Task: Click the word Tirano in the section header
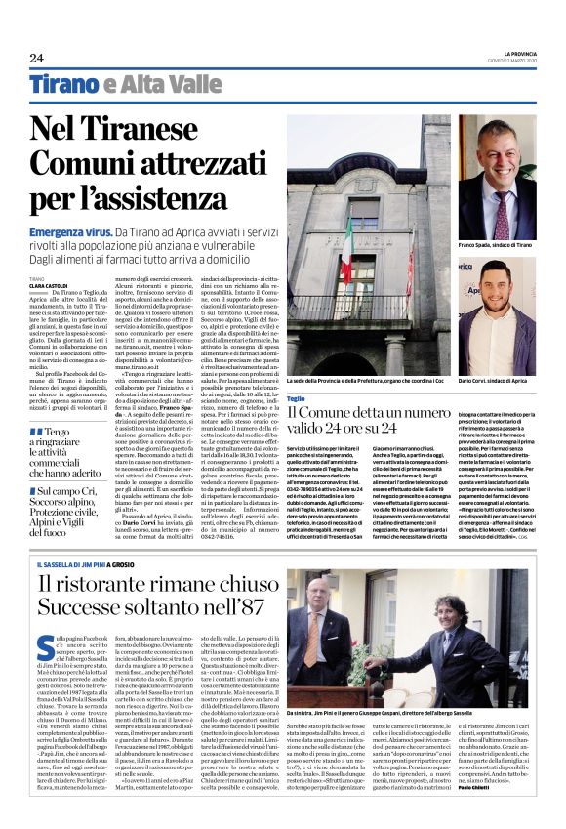coord(62,84)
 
